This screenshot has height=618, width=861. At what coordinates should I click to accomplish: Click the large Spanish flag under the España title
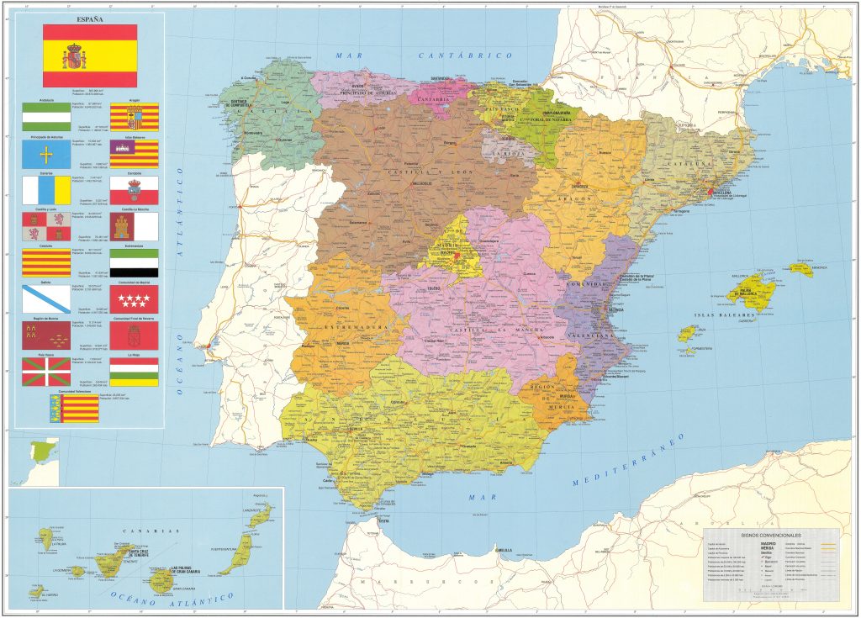[x=89, y=56]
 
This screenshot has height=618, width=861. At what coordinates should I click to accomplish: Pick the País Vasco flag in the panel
[x=46, y=372]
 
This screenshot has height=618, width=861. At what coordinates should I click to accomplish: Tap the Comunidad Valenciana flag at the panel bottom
[x=74, y=408]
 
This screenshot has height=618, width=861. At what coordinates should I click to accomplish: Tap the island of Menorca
[x=800, y=269]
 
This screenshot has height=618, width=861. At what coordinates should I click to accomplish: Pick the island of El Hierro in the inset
[x=35, y=592]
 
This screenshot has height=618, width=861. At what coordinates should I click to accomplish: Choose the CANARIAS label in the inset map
[x=151, y=531]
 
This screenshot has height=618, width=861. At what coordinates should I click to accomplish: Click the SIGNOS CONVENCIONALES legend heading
[x=771, y=535]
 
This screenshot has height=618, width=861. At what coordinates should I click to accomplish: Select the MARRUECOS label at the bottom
[x=378, y=582]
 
